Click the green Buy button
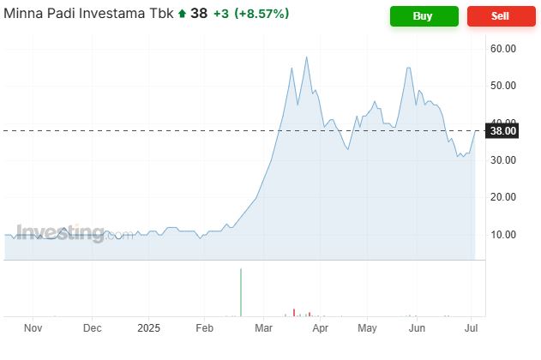click(x=424, y=15)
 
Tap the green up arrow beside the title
click(x=183, y=15)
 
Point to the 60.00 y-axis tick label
click(x=503, y=49)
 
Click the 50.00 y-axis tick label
click(x=503, y=86)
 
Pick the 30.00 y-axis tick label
click(x=503, y=160)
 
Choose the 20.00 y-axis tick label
click(x=503, y=197)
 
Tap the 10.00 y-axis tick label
click(x=503, y=234)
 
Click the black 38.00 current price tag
click(x=502, y=131)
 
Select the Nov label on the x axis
click(x=33, y=328)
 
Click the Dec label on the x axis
click(x=93, y=328)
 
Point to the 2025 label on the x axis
click(x=149, y=328)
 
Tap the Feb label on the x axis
click(x=205, y=328)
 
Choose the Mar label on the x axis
click(x=264, y=328)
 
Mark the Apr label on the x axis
click(x=320, y=328)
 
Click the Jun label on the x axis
click(x=418, y=328)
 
